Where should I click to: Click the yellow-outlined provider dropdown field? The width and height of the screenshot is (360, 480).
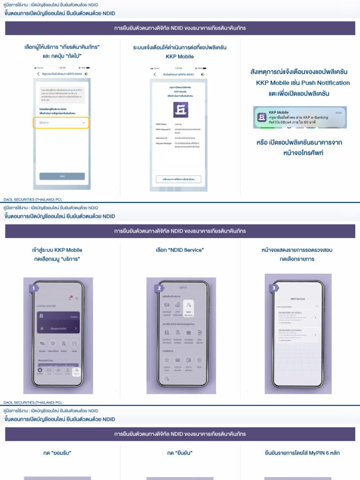pyautogui.click(x=61, y=123)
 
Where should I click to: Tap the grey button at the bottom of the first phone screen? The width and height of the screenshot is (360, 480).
pyautogui.click(x=62, y=176)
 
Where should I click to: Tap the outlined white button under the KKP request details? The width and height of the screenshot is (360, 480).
pyautogui.click(x=179, y=179)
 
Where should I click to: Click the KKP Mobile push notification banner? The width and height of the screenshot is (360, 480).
pyautogui.click(x=300, y=117)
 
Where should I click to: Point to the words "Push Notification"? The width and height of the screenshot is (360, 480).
pyautogui.click(x=323, y=83)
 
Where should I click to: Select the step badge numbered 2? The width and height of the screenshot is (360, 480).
pyautogui.click(x=159, y=288)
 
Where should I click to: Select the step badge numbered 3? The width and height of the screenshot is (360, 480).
pyautogui.click(x=273, y=288)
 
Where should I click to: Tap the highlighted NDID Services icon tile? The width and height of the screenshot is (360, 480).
pyautogui.click(x=188, y=307)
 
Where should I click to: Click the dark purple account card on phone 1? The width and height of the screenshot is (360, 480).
pyautogui.click(x=58, y=322)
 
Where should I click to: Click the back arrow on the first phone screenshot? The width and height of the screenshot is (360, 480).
pyautogui.click(x=38, y=74)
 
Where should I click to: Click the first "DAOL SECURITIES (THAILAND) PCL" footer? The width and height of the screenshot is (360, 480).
pyautogui.click(x=33, y=199)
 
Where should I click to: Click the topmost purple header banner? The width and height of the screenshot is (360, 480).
pyautogui.click(x=180, y=28)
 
